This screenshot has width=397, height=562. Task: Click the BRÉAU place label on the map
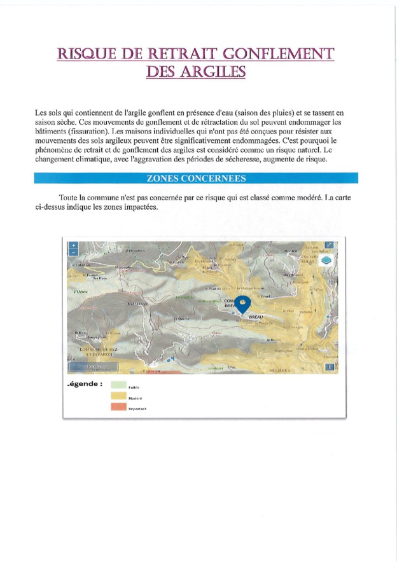[255, 316]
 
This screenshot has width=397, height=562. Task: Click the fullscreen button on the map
[329, 245]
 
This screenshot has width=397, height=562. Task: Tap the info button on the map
[329, 366]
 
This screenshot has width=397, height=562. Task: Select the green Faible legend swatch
[118, 385]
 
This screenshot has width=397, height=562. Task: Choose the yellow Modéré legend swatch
[118, 396]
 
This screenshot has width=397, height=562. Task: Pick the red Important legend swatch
[118, 407]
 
